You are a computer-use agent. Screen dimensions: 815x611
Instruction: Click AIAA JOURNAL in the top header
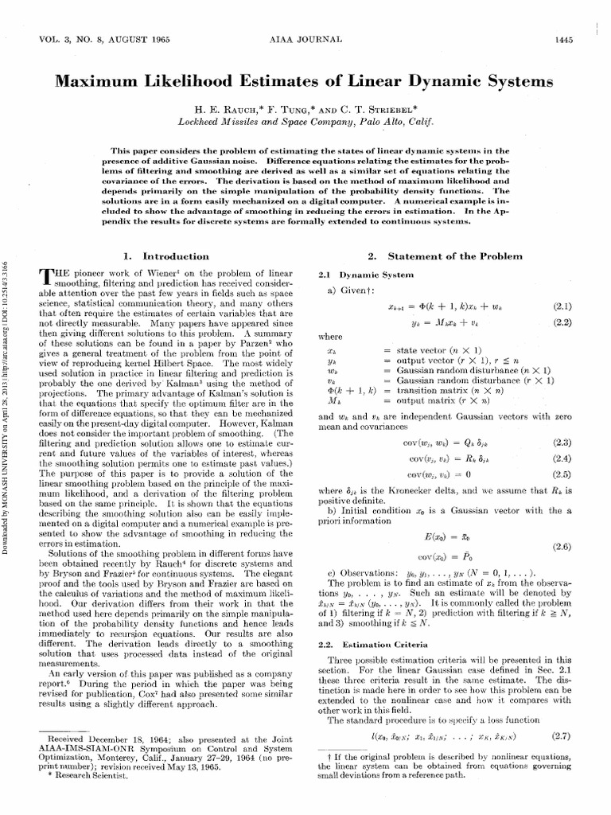click(x=305, y=40)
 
